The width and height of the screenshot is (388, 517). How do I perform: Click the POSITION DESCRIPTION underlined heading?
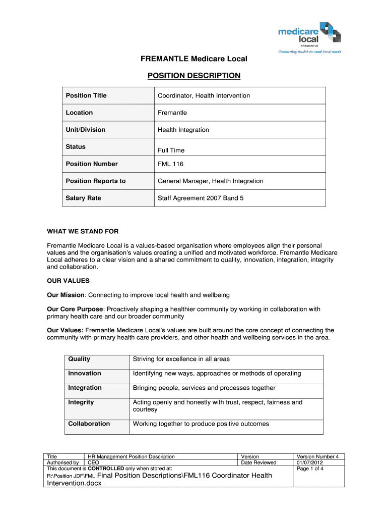pos(193,76)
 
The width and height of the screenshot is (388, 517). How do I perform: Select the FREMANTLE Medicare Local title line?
pos(193,59)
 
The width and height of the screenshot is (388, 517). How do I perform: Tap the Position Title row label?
pos(86,95)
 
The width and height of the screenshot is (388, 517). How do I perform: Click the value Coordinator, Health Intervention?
pos(204,95)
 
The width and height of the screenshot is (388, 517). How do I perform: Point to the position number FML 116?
pos(171,164)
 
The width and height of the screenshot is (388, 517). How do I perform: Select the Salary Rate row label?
pos(83,198)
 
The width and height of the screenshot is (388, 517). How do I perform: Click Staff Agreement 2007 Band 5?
pos(201,198)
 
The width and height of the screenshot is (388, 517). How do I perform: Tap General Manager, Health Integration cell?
pos(210,181)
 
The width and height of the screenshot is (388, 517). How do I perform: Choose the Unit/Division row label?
pos(85,130)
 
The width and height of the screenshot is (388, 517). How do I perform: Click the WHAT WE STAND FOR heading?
pos(83,232)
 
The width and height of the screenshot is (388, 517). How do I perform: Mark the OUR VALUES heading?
pos(68,280)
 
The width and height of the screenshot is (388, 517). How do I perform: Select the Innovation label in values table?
pos(85,374)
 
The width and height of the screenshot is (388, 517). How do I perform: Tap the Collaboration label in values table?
pos(89,424)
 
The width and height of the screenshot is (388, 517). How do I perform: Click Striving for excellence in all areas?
pos(181,359)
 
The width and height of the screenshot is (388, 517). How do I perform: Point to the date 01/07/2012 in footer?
pos(311,462)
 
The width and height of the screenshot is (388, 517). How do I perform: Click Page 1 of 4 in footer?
pos(310,468)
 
